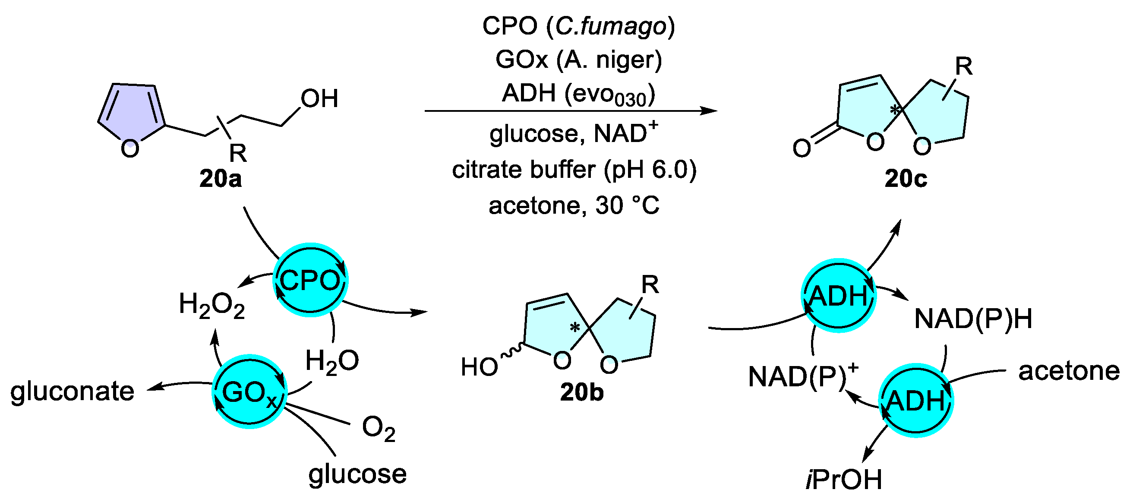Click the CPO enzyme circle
[x=310, y=280]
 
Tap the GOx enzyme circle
[x=249, y=391]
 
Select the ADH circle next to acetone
[x=915, y=401]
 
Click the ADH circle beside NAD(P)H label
[x=838, y=295]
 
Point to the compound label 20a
[x=221, y=179]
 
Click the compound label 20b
[x=581, y=392]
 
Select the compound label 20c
[x=906, y=179]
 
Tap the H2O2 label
[x=211, y=305]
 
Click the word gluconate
[x=72, y=391]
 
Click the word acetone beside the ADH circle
[x=1069, y=371]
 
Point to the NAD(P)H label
[x=973, y=319]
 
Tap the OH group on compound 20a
[x=319, y=98]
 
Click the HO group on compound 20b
[x=479, y=366]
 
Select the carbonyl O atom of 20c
[x=802, y=148]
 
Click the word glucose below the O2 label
[x=357, y=474]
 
